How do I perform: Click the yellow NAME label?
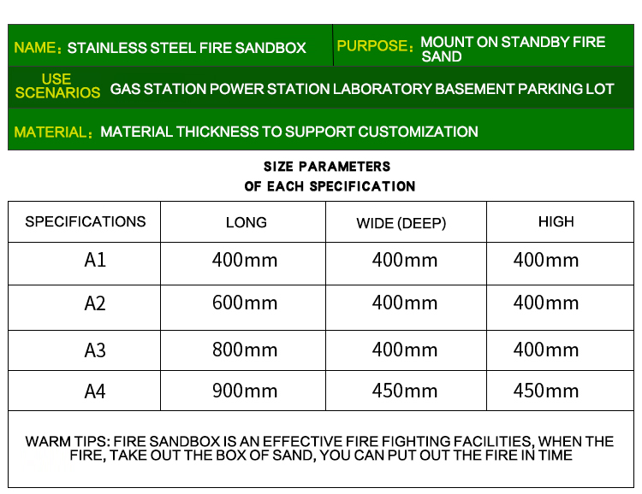38,48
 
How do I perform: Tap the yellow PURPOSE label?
374,46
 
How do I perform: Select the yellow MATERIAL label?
53,132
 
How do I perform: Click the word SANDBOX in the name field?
270,48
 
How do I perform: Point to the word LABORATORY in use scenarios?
382,89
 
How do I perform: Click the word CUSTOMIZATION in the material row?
418,132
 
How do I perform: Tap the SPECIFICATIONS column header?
85,221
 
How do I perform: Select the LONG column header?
246,222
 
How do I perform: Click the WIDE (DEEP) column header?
401,223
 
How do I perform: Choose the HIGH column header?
556,221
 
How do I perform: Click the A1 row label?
95,260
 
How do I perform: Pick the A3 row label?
95,350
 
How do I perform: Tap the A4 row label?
95,391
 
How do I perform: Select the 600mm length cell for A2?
245,303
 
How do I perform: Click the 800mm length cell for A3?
245,350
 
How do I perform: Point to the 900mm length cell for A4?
245,391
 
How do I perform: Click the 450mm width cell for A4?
405,391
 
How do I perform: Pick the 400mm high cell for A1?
546,260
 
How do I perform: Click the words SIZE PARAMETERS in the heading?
327,167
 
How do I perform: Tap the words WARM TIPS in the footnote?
67,442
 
